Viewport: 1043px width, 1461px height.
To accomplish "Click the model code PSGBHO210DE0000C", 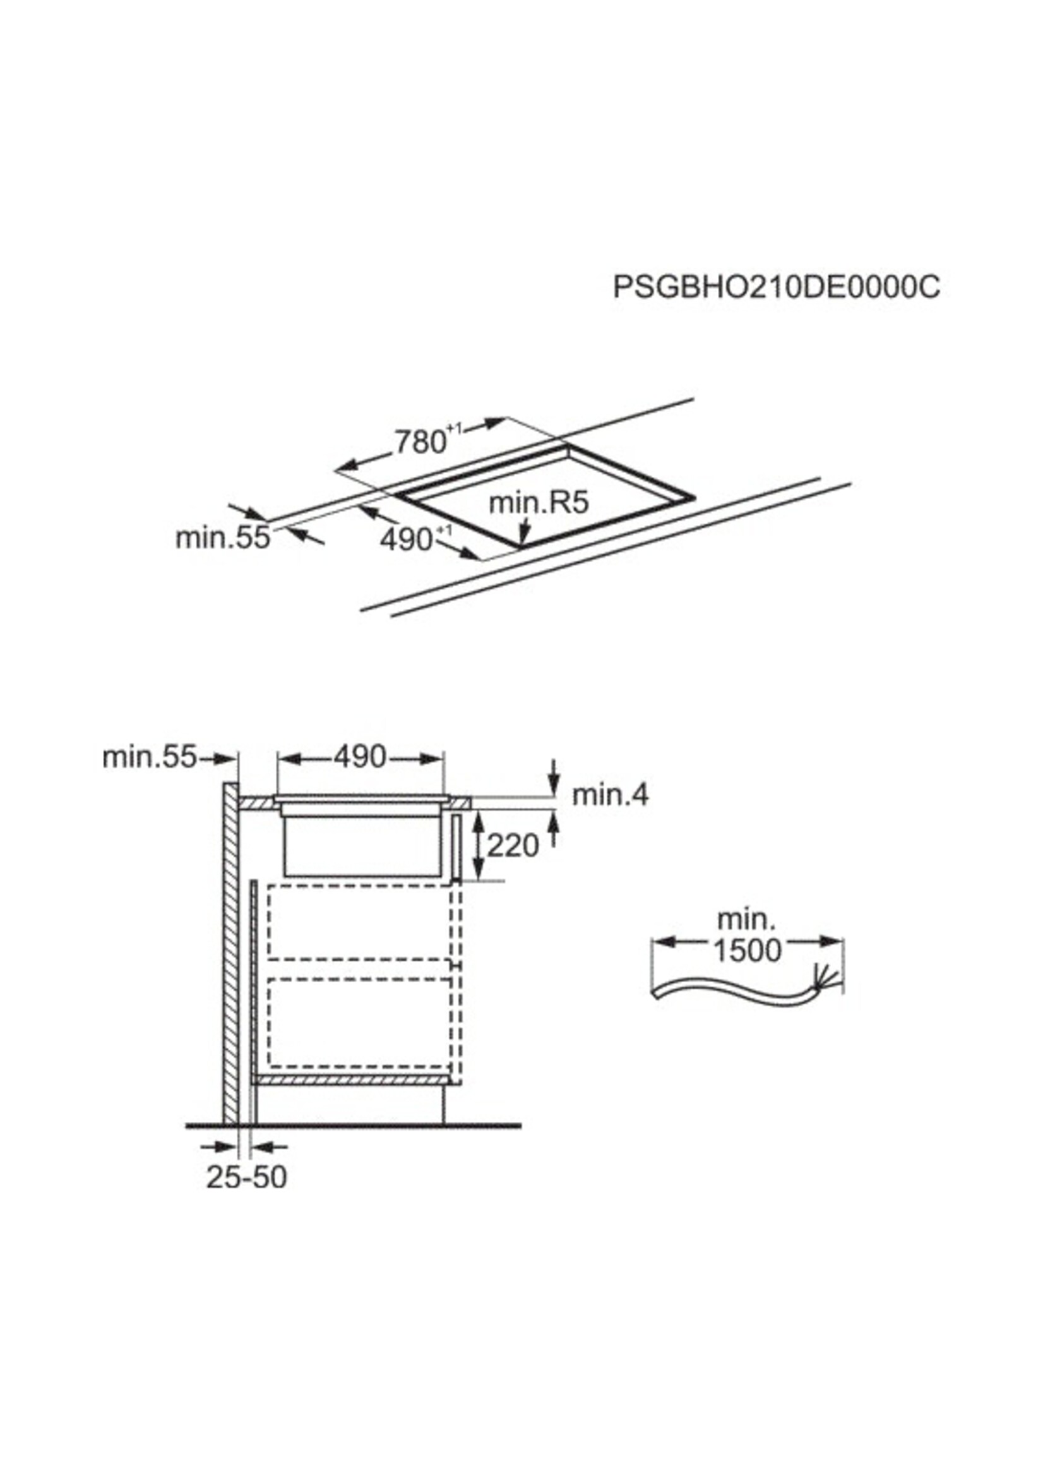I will [777, 287].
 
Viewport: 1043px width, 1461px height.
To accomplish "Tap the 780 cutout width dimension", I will [421, 442].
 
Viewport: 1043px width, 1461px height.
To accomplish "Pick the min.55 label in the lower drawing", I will [149, 757].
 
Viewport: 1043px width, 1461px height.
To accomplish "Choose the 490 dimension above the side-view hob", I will [360, 757].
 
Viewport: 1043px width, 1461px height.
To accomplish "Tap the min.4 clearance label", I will [610, 795].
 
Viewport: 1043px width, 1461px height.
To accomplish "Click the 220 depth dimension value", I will [513, 846].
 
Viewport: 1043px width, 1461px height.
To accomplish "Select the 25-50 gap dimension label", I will [247, 1177].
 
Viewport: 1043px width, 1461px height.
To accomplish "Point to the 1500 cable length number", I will [748, 950].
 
